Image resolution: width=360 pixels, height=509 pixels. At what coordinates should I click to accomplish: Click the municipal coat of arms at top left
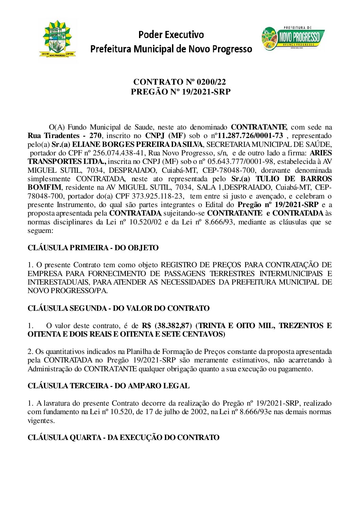point(58,39)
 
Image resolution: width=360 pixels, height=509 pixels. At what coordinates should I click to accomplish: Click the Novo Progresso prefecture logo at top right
point(293,39)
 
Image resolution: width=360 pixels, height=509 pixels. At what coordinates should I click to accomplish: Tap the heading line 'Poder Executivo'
point(171,35)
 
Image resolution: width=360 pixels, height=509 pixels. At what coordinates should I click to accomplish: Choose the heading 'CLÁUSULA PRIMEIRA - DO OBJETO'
point(93,248)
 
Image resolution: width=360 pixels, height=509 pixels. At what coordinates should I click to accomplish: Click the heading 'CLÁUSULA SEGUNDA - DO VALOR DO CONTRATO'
point(118,308)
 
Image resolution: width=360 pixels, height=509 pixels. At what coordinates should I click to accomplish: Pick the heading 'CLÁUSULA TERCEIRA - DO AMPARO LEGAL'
point(108,386)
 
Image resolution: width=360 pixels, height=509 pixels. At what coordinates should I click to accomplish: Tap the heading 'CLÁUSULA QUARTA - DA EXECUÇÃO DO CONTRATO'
point(123,438)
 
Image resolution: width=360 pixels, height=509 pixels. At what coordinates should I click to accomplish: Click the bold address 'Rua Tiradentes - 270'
point(64,136)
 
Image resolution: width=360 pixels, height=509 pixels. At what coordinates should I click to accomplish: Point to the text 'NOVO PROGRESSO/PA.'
point(68,291)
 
